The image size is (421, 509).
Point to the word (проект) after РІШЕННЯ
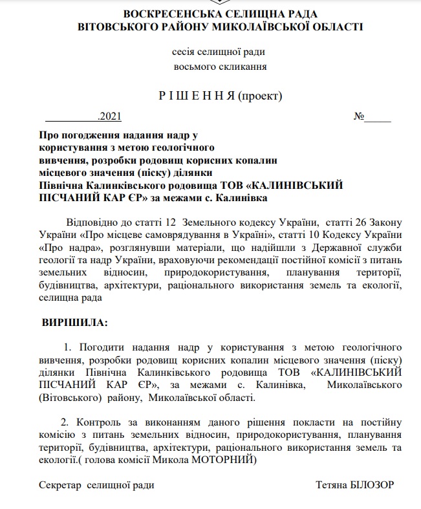click(x=261, y=96)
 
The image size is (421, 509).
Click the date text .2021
click(x=109, y=118)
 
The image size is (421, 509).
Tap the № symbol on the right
click(x=359, y=118)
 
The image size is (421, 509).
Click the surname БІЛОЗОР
click(x=372, y=484)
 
